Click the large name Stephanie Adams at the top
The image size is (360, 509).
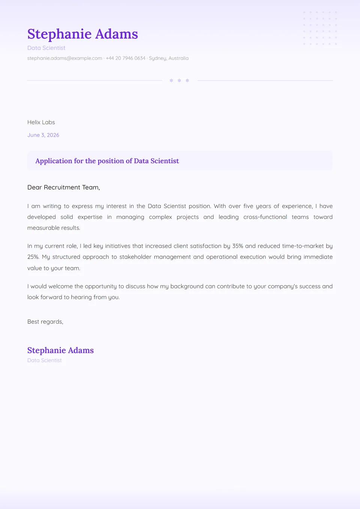click(x=82, y=34)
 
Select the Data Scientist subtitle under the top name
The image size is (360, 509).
click(x=46, y=48)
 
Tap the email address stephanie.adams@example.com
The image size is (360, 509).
click(x=64, y=58)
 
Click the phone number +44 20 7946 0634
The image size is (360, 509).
click(x=125, y=58)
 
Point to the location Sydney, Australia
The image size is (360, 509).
click(x=169, y=58)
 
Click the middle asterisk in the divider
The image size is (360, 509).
click(x=179, y=81)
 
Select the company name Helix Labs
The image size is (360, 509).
click(x=41, y=123)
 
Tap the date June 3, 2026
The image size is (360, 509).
click(x=43, y=135)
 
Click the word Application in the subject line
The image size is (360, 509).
click(x=54, y=161)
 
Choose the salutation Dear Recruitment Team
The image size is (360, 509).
click(x=63, y=187)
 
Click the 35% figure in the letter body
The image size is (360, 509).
click(x=238, y=246)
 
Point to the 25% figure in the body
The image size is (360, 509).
click(x=33, y=257)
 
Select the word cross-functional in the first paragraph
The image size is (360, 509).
click(x=265, y=217)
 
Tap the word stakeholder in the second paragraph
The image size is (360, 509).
click(x=135, y=257)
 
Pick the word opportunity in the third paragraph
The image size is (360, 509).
click(x=100, y=287)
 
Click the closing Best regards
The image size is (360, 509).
click(x=45, y=322)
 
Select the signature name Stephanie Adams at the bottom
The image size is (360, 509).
click(x=60, y=350)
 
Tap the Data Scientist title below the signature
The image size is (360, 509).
click(x=44, y=361)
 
